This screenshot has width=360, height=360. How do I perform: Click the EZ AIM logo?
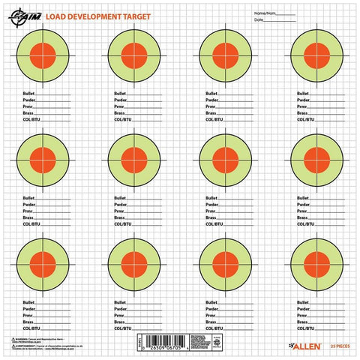coord(28,15)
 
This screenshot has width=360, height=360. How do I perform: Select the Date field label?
coord(259,20)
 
